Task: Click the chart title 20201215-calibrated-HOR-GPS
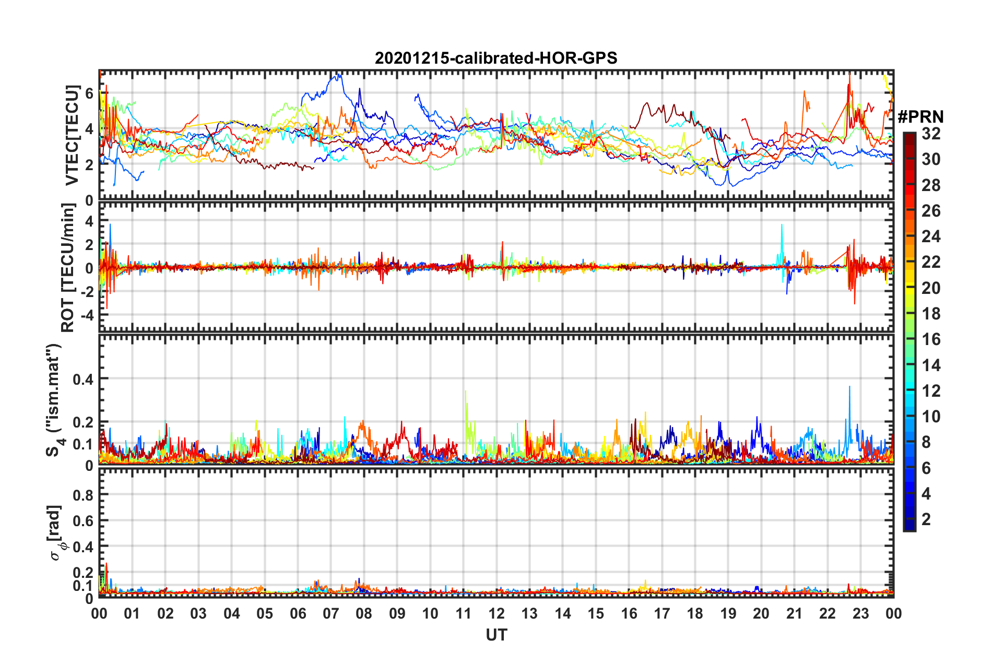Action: (496, 58)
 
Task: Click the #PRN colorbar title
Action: (920, 117)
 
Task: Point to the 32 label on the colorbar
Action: (931, 134)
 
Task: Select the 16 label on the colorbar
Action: (931, 339)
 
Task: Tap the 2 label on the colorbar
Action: (927, 519)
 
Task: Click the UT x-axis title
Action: (496, 635)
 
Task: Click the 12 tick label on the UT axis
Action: (496, 613)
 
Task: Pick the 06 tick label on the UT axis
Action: (298, 613)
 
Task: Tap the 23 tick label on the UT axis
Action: (860, 613)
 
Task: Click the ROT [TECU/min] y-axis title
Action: (68, 267)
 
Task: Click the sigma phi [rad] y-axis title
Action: (55, 532)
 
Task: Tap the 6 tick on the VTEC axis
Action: (89, 93)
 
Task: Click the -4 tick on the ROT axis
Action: (86, 315)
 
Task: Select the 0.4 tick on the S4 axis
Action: (84, 379)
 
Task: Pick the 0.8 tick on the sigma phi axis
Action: (84, 494)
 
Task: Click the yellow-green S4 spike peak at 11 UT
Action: (465, 390)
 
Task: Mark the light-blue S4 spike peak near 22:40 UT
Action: (849, 386)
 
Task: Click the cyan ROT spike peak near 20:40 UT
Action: (782, 225)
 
